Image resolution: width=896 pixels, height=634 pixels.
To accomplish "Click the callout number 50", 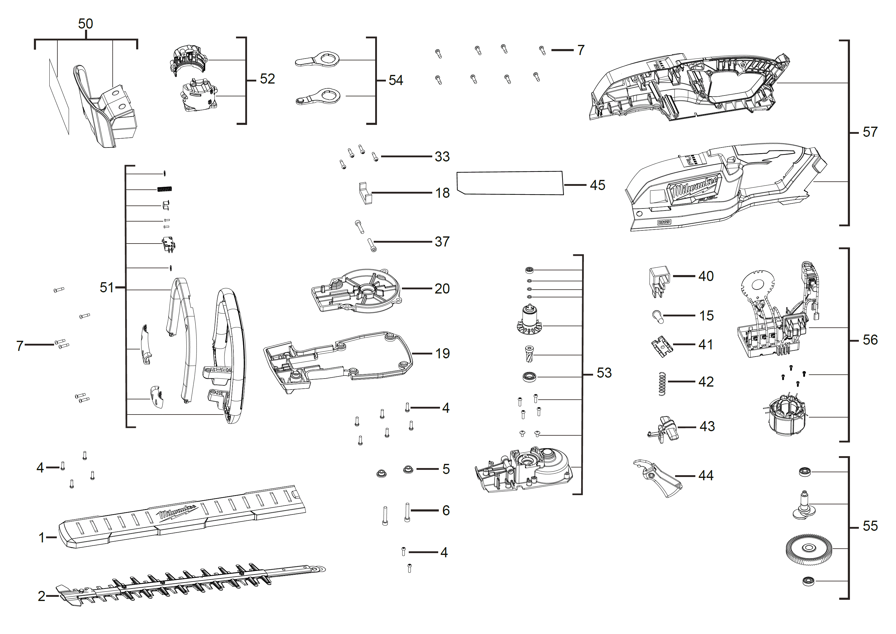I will (x=85, y=24).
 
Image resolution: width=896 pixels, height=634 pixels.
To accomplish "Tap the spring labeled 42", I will (x=662, y=383).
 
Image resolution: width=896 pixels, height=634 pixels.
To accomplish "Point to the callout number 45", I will (x=597, y=185).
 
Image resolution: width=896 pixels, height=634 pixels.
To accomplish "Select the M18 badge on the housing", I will (x=664, y=222).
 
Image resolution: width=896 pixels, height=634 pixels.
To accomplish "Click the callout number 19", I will (x=442, y=354).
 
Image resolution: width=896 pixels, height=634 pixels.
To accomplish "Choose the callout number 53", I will (x=604, y=373).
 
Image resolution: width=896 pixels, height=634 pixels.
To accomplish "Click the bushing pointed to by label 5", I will (x=408, y=469).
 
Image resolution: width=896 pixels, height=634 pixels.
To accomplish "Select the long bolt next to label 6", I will (x=407, y=512).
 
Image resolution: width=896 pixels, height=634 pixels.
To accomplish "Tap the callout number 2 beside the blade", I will (x=41, y=596).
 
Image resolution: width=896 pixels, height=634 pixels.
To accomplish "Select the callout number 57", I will (x=870, y=132).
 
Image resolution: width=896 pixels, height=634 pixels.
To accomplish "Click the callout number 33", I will (x=442, y=156).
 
